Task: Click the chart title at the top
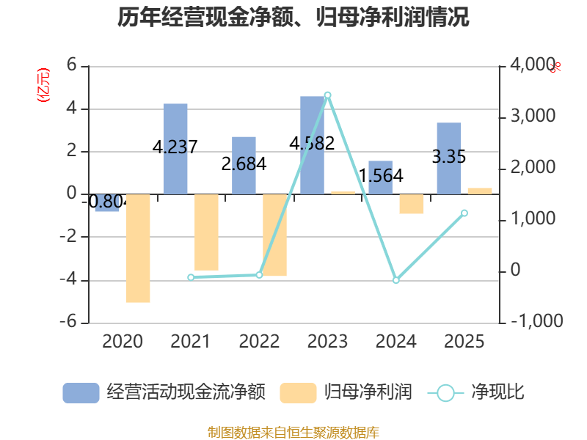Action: pos(293,18)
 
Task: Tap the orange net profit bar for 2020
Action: pos(137,249)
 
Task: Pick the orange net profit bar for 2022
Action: pos(274,235)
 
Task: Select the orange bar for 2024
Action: pos(411,205)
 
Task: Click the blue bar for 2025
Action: pos(449,158)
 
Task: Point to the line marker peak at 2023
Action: pos(327,95)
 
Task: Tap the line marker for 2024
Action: pos(395,281)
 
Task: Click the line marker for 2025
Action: pos(464,213)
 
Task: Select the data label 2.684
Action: pos(244,164)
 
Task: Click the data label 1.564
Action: pos(381,176)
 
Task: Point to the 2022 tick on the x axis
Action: pos(259,342)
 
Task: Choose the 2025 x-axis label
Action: pos(464,342)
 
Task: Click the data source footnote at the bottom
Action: pos(293,432)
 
